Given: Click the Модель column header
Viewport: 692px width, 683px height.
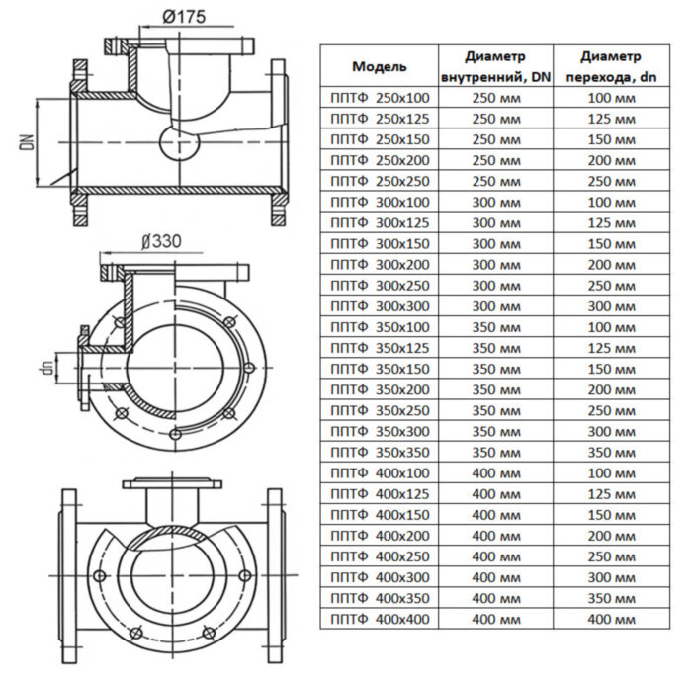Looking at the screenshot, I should click(x=379, y=67).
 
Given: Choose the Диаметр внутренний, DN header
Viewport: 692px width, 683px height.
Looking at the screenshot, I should click(x=495, y=67).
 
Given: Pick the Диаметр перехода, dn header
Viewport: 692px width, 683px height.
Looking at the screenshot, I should click(x=610, y=67).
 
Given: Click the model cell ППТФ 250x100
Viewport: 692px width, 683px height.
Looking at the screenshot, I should click(x=379, y=97).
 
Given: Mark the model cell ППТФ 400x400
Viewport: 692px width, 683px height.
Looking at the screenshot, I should click(x=379, y=619).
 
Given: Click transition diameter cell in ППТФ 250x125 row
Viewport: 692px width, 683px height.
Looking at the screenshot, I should click(x=610, y=118).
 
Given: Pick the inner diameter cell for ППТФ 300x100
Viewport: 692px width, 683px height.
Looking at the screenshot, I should click(x=495, y=201).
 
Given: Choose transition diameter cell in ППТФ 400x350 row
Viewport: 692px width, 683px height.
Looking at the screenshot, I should click(x=610, y=598).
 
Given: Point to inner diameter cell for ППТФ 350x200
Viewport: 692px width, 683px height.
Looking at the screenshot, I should click(x=495, y=389).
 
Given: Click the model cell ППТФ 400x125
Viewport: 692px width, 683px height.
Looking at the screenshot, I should click(x=379, y=493).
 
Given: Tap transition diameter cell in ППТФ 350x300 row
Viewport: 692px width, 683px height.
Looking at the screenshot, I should click(x=610, y=431).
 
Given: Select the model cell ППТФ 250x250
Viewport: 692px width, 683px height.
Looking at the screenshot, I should click(x=379, y=180).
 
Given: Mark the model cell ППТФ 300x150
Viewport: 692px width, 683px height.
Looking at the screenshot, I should click(x=379, y=243).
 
